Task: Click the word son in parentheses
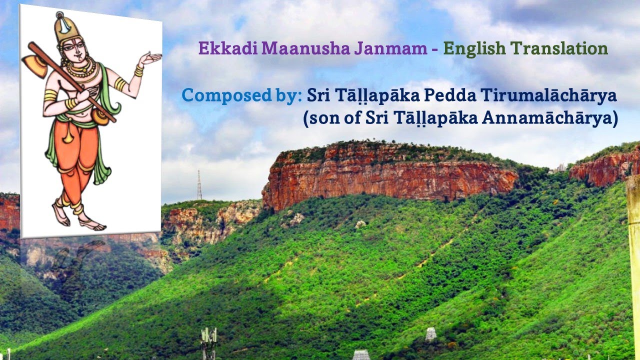tap(325, 119)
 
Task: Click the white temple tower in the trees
tap(430, 334)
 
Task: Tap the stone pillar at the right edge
tap(634, 250)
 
